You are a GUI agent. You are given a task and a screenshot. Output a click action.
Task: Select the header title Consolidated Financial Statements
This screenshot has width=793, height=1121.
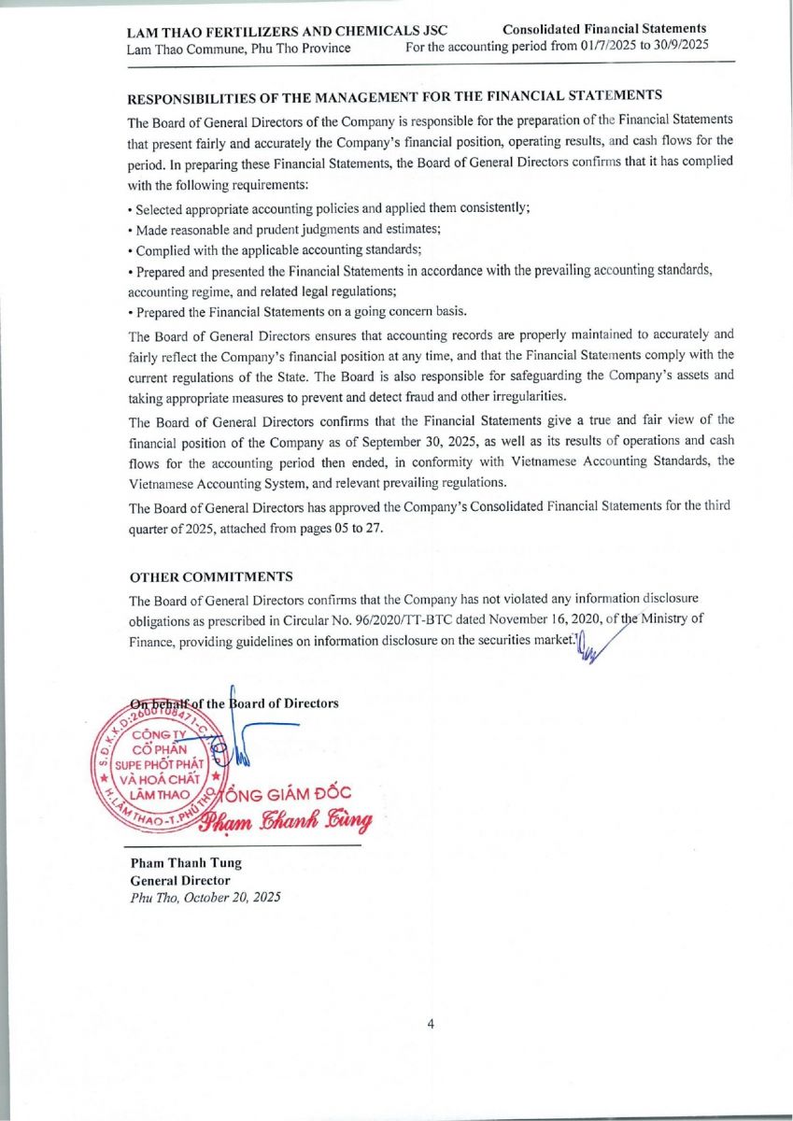tap(604, 29)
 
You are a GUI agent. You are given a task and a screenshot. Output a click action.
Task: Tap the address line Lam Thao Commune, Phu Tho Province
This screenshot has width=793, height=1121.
tap(239, 48)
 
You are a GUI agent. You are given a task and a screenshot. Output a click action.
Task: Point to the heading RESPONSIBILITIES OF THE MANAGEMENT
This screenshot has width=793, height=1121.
tap(395, 95)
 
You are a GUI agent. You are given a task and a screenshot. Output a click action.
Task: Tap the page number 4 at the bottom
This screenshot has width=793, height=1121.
tap(431, 1024)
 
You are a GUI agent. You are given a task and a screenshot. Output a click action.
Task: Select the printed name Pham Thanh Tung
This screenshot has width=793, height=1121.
tap(185, 863)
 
